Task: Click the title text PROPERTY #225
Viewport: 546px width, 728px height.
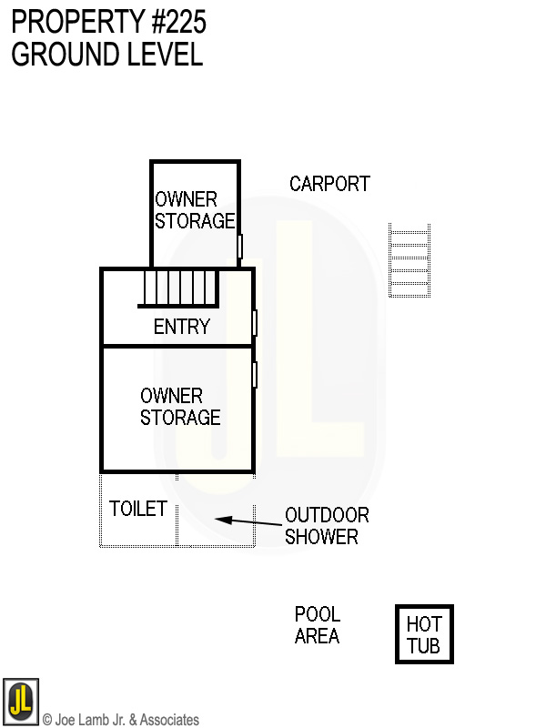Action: coord(108,21)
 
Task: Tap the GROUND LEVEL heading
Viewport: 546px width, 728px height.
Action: coord(106,55)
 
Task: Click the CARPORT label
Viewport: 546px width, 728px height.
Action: coord(329,184)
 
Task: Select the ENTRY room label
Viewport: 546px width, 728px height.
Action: coord(181,327)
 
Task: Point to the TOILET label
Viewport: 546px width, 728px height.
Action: coord(137,509)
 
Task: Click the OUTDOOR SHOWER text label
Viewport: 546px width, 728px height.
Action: coord(326,526)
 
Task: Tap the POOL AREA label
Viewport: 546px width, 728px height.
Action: coord(317,625)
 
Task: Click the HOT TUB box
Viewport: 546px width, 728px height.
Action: coord(424,634)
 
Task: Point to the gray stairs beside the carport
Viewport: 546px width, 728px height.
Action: coord(409,260)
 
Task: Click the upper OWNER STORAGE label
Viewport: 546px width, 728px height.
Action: coord(195,210)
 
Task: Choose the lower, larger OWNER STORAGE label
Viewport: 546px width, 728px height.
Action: coord(180,407)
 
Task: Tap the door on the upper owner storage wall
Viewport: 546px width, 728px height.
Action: coord(240,246)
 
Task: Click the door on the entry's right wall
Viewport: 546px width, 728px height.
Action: coord(255,322)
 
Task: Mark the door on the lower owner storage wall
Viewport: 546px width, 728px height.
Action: coord(255,374)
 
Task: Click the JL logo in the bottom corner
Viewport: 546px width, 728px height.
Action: coord(20,702)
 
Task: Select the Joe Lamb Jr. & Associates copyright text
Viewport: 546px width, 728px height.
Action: coord(121,720)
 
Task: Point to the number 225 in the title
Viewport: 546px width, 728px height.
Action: coord(182,21)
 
